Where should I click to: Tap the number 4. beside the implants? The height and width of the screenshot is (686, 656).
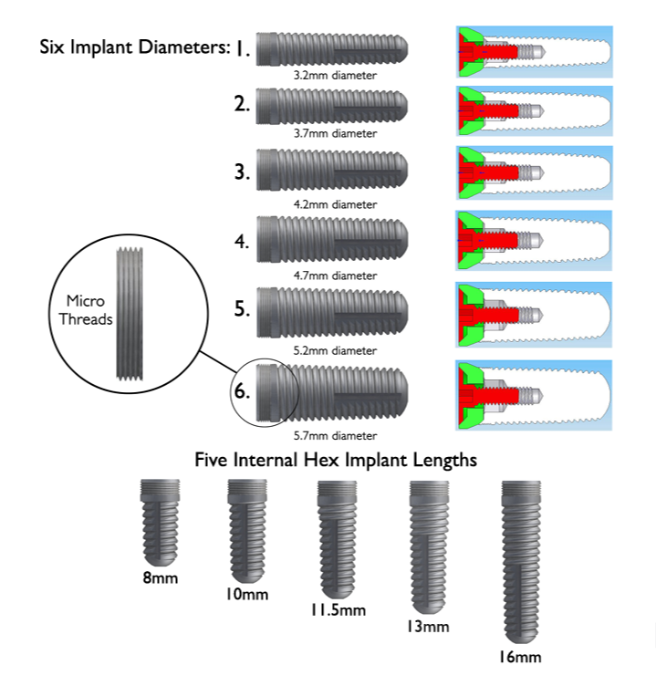(241, 242)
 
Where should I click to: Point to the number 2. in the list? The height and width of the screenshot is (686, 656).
(241, 104)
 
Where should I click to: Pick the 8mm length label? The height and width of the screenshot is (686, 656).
(160, 577)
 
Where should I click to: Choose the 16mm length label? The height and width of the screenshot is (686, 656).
(520, 657)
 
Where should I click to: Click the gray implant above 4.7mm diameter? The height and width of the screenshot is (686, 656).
(332, 240)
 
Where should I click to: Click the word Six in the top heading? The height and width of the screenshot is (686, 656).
(55, 47)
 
